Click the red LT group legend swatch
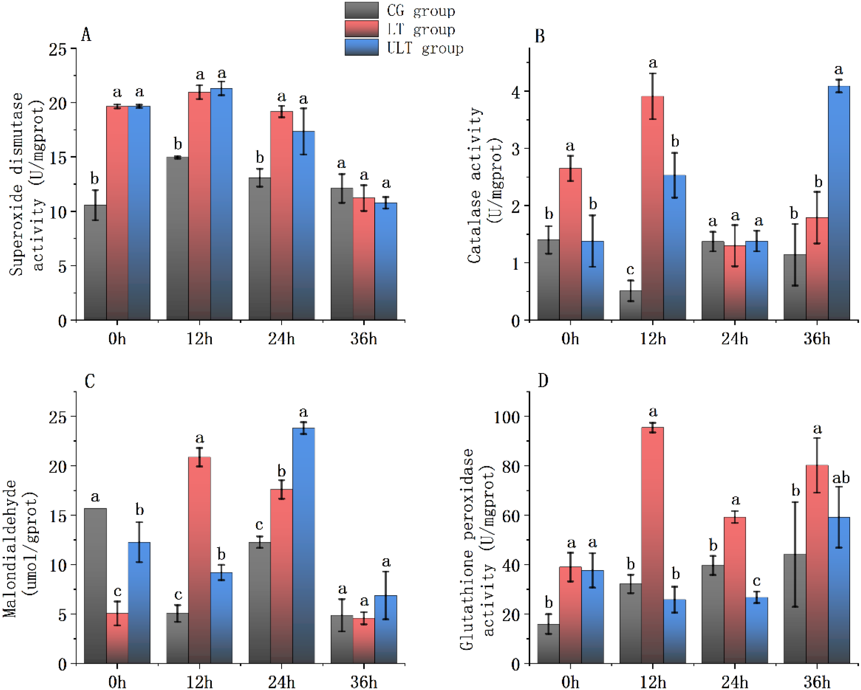pos(361,29)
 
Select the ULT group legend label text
pos(425,48)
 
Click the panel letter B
pos(540,36)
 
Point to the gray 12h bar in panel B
pos(630,305)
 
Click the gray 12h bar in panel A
pos(177,238)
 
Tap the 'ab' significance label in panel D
pos(841,478)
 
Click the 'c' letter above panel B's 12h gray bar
pos(630,269)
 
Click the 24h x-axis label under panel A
pos(281,339)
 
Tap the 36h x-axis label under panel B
pos(817,339)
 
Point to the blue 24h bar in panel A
pos(303,226)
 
